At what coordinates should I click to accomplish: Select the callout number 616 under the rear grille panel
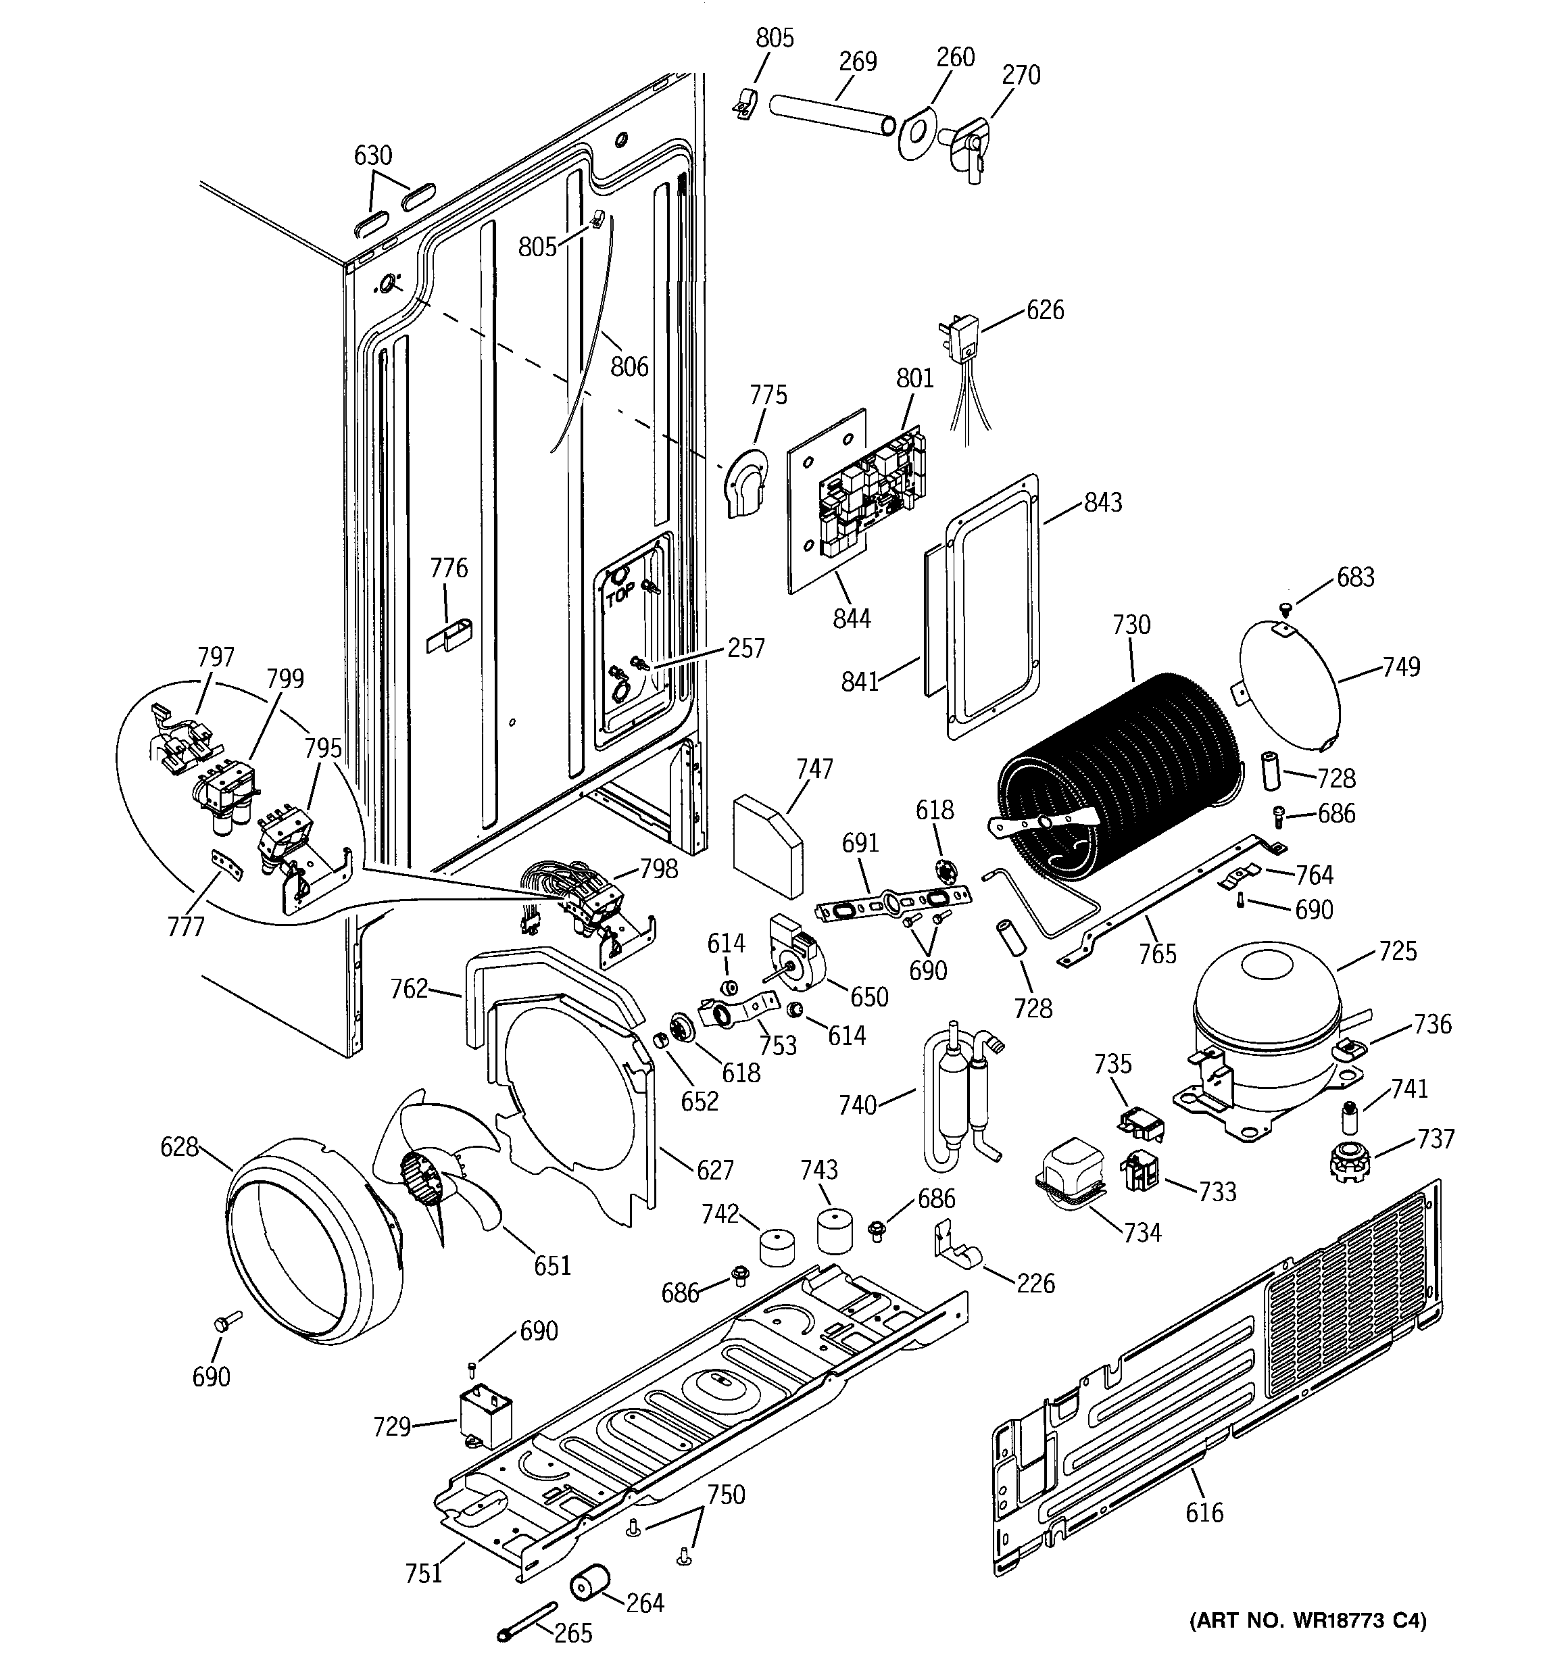click(x=1204, y=1512)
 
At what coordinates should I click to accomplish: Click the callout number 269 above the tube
click(x=858, y=62)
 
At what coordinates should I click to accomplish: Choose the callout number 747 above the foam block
click(x=814, y=769)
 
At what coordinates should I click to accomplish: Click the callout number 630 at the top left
click(x=373, y=155)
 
